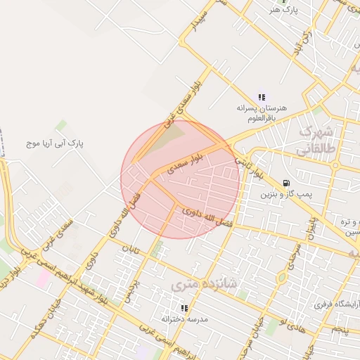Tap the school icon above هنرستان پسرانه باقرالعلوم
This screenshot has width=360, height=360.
point(262,97)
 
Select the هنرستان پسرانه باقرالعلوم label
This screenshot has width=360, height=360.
point(262,114)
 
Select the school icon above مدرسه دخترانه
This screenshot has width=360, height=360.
point(184,308)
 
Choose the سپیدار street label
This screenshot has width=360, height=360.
point(201,20)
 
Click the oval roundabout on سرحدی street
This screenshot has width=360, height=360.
point(282,276)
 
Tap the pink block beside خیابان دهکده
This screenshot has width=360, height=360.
point(43,278)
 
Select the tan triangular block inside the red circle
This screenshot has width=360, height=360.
point(171,137)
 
